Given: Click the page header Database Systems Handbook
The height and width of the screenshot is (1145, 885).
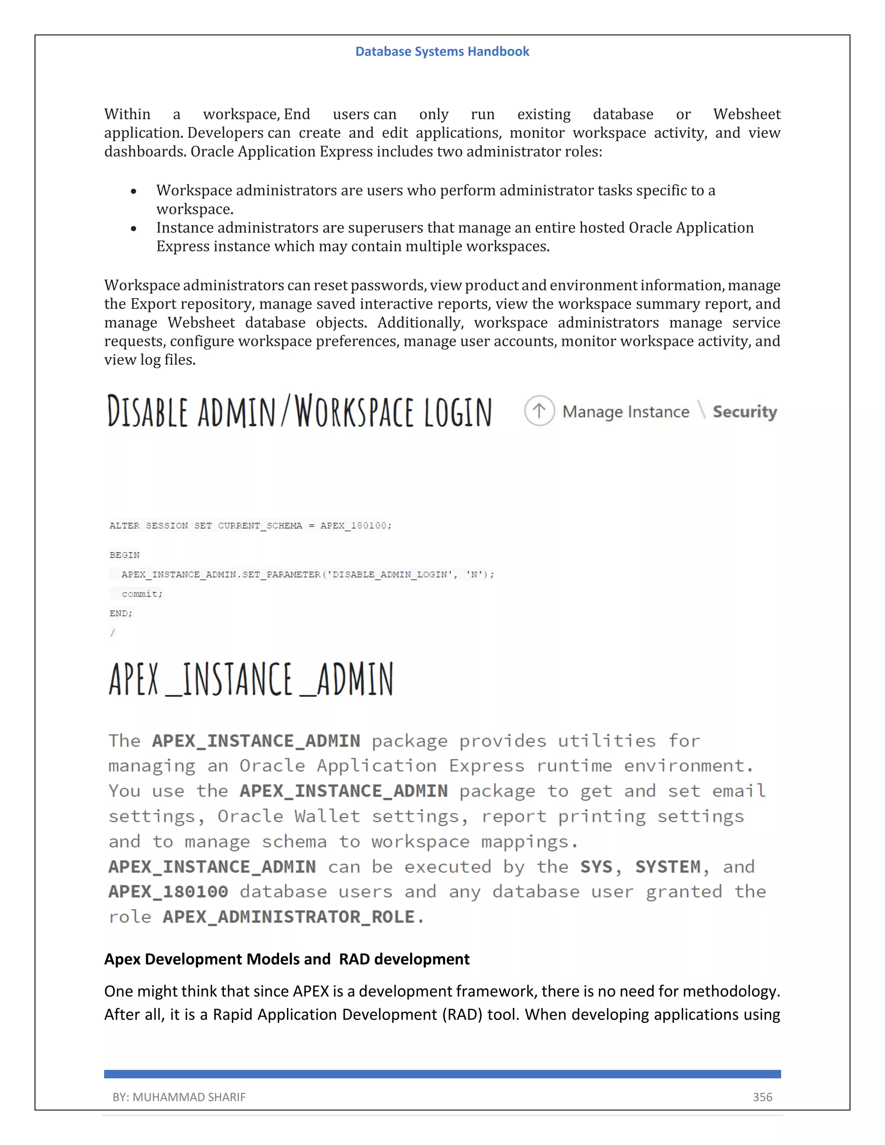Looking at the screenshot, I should click(442, 51).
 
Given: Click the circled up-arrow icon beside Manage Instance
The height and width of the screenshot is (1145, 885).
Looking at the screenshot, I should click(539, 410).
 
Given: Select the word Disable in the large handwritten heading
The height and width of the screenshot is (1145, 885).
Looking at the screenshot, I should click(147, 411).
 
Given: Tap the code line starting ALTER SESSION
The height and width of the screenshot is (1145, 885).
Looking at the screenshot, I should click(250, 525).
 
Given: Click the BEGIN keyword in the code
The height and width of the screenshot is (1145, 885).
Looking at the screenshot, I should click(124, 555).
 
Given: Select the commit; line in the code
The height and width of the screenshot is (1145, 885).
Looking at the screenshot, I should click(142, 594).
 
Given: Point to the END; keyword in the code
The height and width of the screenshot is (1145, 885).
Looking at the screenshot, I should click(121, 613).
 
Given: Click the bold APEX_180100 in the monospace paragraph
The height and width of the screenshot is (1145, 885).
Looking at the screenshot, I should click(168, 892).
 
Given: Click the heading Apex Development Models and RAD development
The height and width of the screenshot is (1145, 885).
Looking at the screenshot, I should click(287, 959).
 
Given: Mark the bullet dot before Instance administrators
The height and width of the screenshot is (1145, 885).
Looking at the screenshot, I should click(134, 229).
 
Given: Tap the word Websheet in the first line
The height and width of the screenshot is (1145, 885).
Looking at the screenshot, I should click(747, 114).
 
